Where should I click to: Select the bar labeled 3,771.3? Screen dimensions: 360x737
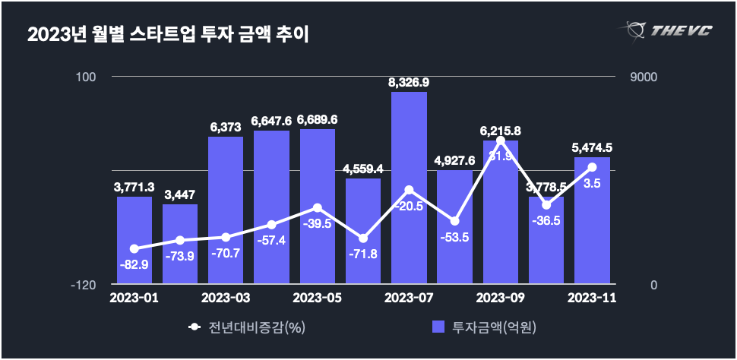coord(134,241)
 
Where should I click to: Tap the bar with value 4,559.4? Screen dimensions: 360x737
coord(363,232)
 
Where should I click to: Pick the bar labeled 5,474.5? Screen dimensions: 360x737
coord(592,220)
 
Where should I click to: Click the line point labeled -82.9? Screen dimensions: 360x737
coord(134,248)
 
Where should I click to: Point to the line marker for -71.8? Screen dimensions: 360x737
coord(363,238)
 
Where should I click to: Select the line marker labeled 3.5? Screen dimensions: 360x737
coord(592,167)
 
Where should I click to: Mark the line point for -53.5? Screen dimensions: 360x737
coord(454,221)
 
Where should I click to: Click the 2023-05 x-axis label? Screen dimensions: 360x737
coord(317,297)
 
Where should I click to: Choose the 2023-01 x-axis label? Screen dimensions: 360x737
coord(134,297)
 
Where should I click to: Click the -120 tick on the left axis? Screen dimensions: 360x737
coord(83,285)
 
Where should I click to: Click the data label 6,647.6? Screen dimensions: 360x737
coord(271,120)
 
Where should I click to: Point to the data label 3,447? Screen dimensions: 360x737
coord(180,194)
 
